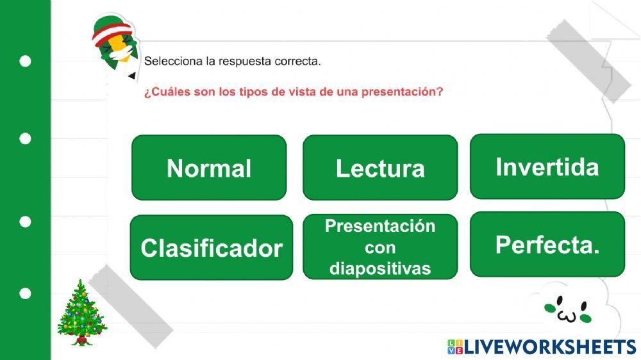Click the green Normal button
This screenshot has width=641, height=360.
209,168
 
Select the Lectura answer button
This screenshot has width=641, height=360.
380,168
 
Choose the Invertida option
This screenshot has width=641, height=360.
547,167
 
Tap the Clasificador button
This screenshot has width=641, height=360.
212,247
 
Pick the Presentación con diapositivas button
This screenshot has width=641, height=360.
380,247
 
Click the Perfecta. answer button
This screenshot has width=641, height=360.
547,245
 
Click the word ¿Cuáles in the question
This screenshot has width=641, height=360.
163,92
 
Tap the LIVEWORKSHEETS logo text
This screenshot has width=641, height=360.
549,347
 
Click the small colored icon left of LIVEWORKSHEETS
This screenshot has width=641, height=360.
454,347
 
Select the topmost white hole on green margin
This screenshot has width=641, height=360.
25,61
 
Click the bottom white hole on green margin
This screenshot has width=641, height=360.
25,293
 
